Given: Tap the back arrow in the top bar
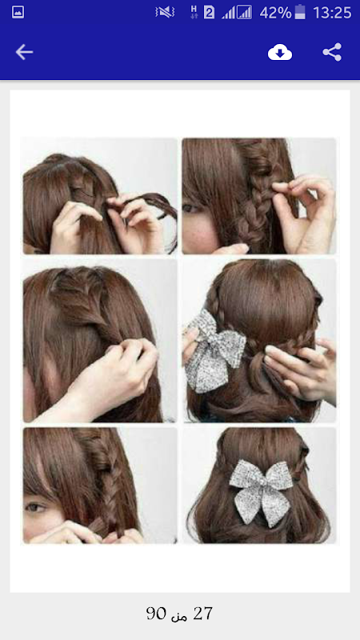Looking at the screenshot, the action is pos(24,52).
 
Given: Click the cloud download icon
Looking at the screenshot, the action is pos(279,52).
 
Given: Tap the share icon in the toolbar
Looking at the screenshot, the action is pos(332,52).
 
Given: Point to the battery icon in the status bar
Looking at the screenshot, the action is pos(301,12).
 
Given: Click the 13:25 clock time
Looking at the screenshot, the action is pos(332,13).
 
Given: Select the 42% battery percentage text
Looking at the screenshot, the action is pos(275,13).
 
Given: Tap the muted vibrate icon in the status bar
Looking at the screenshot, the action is pos(165,13).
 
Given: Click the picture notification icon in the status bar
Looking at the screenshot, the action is pos(18,12).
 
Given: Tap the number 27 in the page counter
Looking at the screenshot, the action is pos(202,614).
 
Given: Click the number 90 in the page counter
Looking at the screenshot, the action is pos(156,614).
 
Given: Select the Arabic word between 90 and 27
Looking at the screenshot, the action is pos(179,615).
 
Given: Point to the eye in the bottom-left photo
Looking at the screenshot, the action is pos(36,507).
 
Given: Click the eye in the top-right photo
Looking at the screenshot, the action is pos(190,208).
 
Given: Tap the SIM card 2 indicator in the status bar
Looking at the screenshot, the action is pos(209,13).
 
